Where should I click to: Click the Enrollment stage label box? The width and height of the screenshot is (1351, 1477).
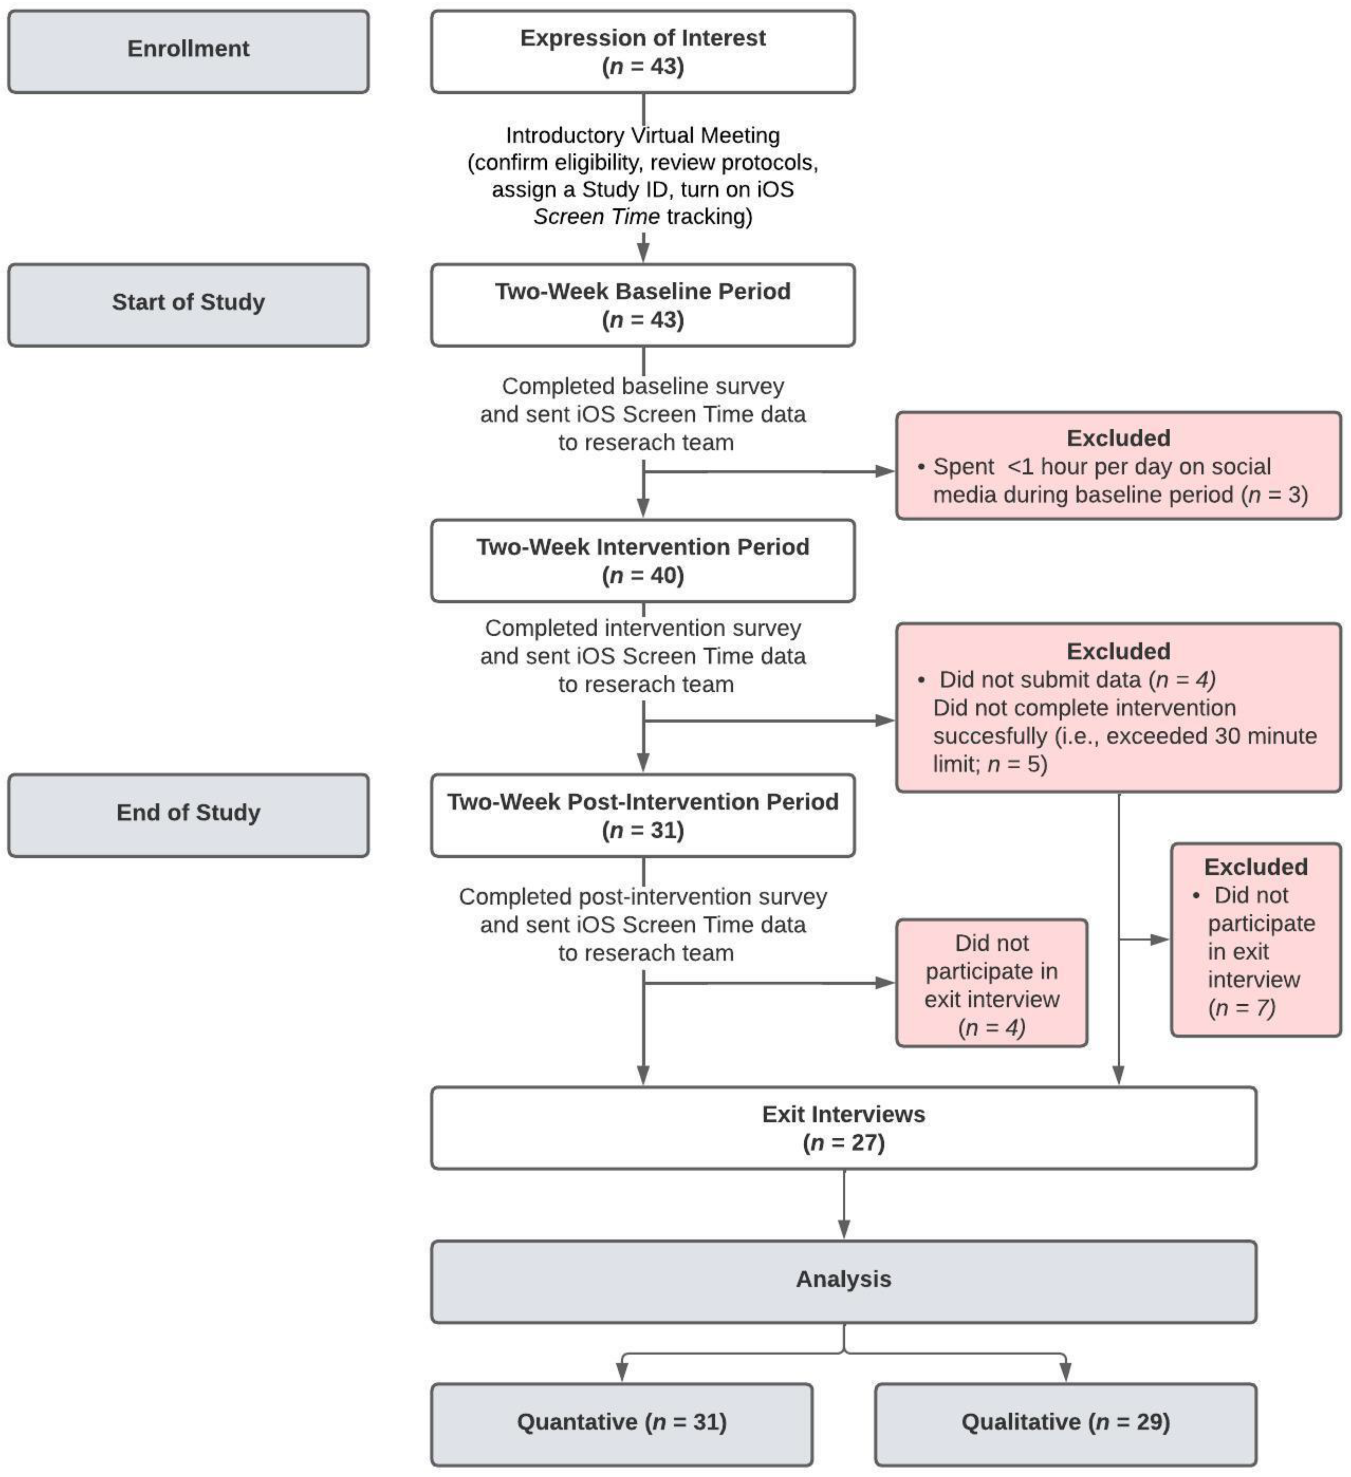tap(188, 51)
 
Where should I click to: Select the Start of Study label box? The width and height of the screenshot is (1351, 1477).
tap(188, 305)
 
